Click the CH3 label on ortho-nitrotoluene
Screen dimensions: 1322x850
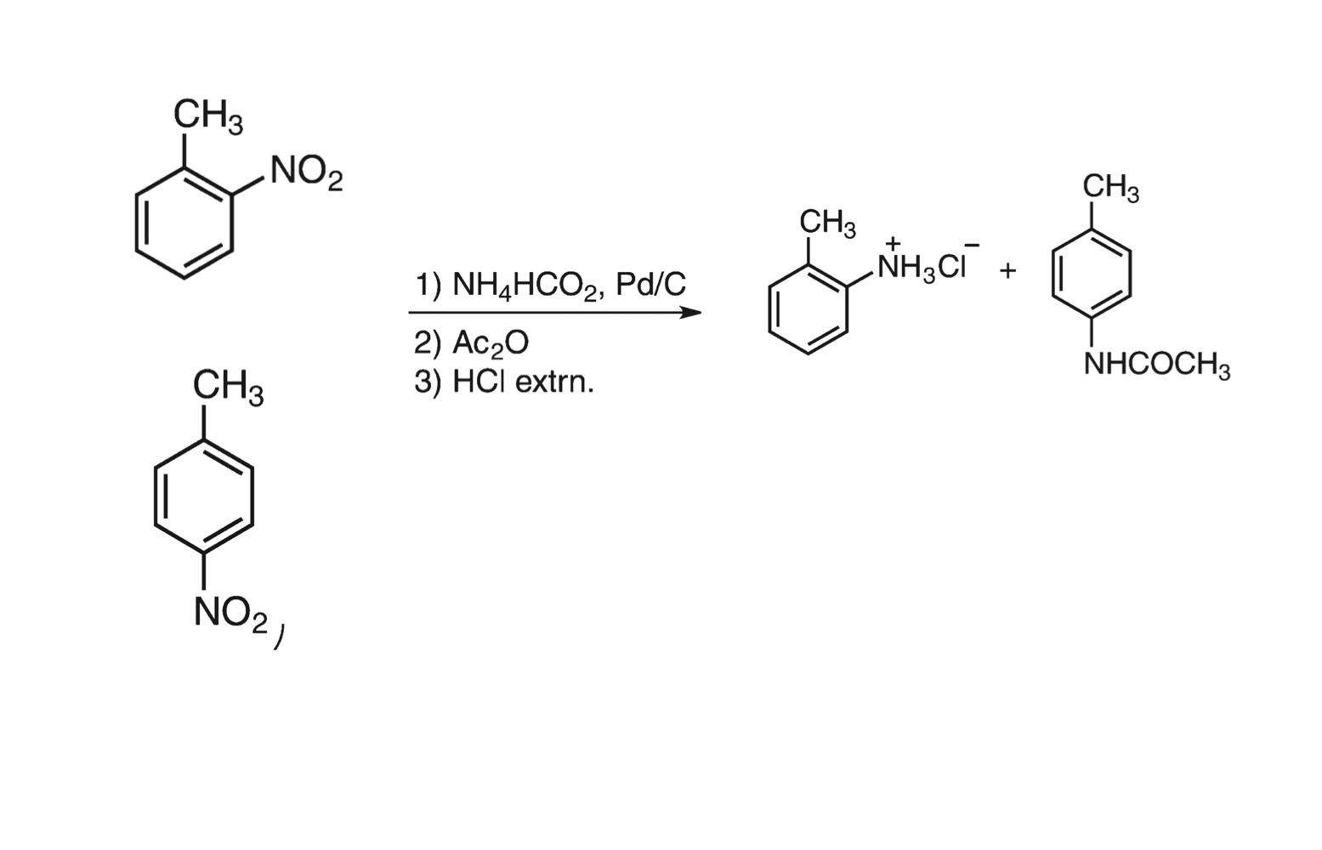tap(207, 116)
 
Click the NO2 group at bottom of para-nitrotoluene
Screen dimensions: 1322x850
tap(230, 614)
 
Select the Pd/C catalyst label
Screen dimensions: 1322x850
tap(650, 284)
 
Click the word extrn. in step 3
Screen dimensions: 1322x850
tap(555, 382)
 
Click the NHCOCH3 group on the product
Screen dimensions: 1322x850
tap(1157, 365)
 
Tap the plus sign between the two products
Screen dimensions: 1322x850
tap(1008, 271)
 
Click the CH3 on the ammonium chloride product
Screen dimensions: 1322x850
tap(827, 224)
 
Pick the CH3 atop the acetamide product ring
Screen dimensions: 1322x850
tap(1110, 189)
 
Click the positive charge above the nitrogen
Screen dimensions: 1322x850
tap(893, 242)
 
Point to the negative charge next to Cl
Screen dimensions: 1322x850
tap(972, 245)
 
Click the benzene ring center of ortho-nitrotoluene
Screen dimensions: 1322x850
tap(184, 223)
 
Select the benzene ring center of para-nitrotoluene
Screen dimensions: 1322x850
tap(204, 496)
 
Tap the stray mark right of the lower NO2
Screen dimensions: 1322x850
tap(279, 637)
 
